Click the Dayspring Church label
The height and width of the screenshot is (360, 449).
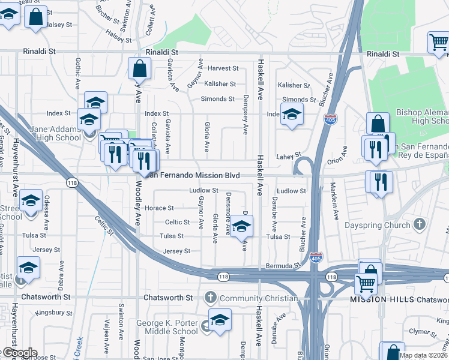click(x=378, y=225)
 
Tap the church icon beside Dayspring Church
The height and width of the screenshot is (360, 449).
click(x=420, y=225)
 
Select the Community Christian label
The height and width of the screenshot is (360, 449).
click(x=259, y=298)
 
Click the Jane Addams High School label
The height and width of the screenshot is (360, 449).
click(x=46, y=133)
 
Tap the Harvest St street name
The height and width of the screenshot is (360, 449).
click(x=223, y=68)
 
